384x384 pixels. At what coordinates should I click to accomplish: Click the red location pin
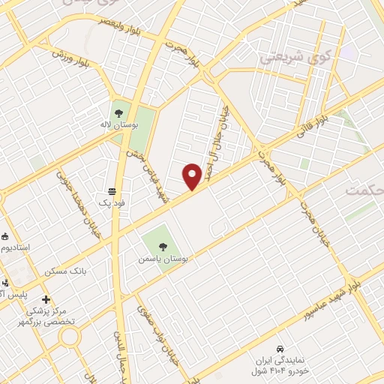192,175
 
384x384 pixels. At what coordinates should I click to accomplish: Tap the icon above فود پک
112,190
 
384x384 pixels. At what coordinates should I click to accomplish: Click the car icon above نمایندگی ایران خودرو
280,349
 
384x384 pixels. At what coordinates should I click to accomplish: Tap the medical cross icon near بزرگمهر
46,299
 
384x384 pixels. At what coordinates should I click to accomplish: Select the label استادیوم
15,247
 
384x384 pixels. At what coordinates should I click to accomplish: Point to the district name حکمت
364,191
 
